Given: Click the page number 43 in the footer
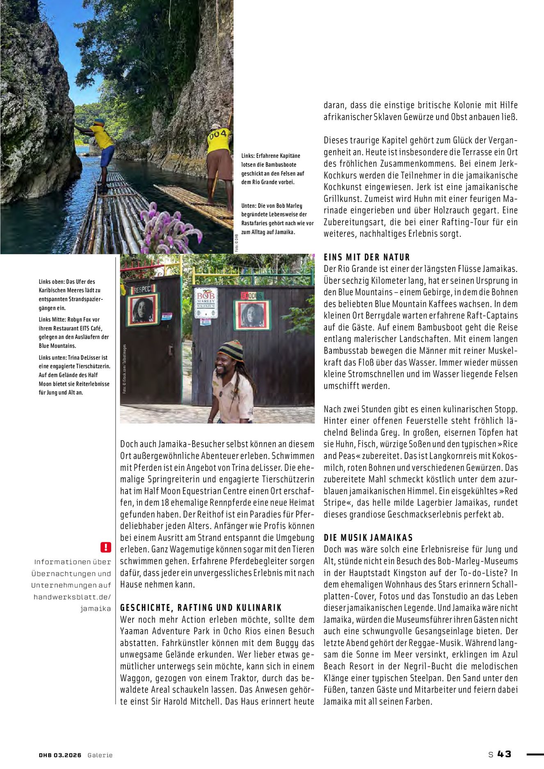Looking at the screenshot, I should (x=505, y=754).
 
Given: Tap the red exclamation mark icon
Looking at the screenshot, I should (x=105, y=547).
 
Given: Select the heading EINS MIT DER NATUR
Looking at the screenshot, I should (x=367, y=258).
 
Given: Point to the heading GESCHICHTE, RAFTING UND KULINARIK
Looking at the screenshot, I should (x=201, y=608).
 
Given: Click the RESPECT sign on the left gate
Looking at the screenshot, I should (x=143, y=289).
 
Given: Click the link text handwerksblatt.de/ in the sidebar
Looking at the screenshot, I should (x=72, y=597).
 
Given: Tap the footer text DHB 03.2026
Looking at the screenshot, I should (x=60, y=755).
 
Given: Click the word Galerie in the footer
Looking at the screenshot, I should (x=100, y=755).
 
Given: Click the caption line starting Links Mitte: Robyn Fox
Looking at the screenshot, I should (x=69, y=319).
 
